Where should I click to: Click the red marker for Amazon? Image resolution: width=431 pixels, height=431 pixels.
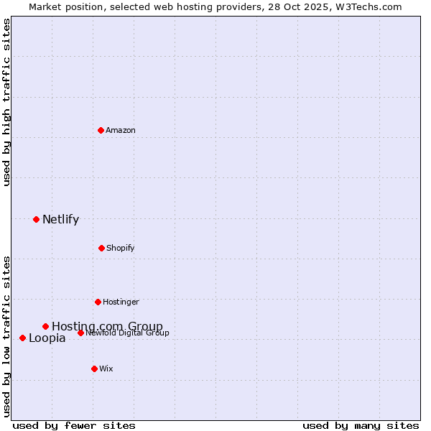[x=101, y=130]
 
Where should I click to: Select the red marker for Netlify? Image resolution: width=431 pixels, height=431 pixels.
[x=36, y=219]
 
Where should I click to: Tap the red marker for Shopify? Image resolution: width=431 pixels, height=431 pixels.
[x=101, y=248]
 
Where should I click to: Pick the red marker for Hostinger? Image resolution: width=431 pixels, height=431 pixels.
[x=98, y=302]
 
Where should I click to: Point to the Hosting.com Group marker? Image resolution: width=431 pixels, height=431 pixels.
[x=45, y=326]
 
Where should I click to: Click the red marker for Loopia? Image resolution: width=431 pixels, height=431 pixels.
[x=22, y=338]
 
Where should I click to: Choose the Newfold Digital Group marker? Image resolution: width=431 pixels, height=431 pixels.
[x=80, y=333]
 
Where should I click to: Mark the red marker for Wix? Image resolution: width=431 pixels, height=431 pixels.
[x=94, y=369]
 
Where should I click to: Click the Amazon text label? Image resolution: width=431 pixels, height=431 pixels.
[x=121, y=130]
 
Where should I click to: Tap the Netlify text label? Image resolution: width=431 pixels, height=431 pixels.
[x=60, y=220]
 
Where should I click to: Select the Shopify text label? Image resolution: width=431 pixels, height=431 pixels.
[x=121, y=248]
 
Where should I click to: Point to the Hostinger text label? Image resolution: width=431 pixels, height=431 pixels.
[x=121, y=302]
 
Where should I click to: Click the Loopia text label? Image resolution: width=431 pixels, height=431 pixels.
[x=47, y=338]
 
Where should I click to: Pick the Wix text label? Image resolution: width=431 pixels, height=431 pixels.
[x=106, y=369]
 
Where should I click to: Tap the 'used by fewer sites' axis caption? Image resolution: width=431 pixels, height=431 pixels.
[x=74, y=425]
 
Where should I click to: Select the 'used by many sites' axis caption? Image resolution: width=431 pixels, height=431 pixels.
[x=361, y=425]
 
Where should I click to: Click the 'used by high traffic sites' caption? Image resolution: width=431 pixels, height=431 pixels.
[x=7, y=103]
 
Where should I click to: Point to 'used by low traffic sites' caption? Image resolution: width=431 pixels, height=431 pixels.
[x=7, y=336]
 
